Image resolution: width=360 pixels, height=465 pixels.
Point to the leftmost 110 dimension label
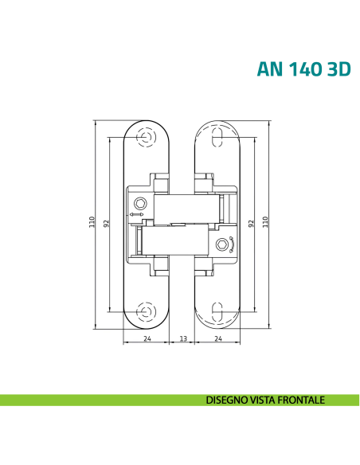[x=92, y=223]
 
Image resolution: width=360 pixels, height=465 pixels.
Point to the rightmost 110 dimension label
[x=265, y=223]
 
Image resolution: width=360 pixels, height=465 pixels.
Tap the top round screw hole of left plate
[x=146, y=137]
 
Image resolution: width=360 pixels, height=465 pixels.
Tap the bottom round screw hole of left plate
[x=146, y=310]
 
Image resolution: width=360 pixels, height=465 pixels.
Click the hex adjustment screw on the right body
[x=224, y=244]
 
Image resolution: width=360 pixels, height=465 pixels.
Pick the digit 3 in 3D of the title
[x=327, y=68]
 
